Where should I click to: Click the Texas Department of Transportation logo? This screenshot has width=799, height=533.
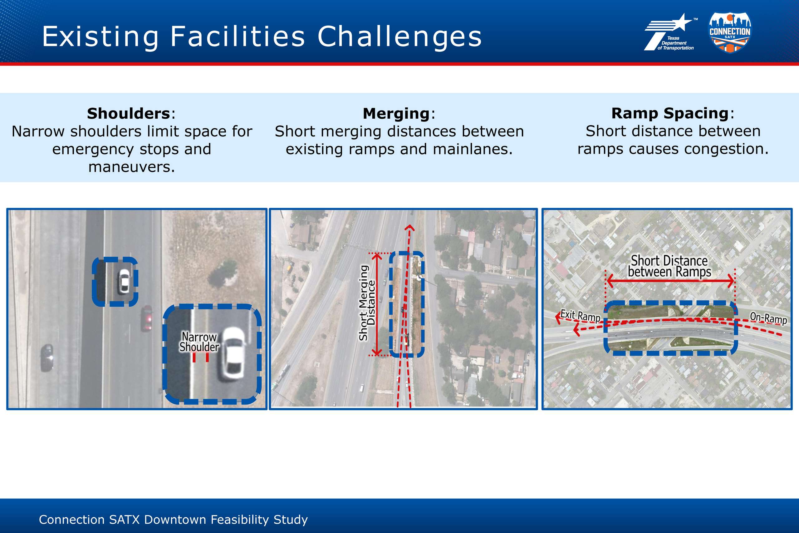[x=670, y=32]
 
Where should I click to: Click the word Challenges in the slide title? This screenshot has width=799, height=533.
[x=399, y=37]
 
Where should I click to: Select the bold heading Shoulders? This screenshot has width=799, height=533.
[x=128, y=114]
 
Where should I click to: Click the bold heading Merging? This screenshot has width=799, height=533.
[x=396, y=114]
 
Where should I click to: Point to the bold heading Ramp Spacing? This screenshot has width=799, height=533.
[x=670, y=114]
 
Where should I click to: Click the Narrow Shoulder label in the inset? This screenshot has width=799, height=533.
[x=199, y=342]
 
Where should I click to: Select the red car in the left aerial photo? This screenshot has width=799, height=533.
[x=147, y=318]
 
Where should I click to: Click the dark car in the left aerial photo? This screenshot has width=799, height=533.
[x=47, y=358]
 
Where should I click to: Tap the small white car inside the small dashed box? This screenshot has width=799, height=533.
[x=124, y=282]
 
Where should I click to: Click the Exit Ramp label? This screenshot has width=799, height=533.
[x=580, y=315]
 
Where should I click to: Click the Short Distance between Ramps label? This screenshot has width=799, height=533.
[x=669, y=266]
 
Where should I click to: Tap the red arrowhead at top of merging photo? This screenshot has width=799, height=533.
[x=410, y=227]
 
